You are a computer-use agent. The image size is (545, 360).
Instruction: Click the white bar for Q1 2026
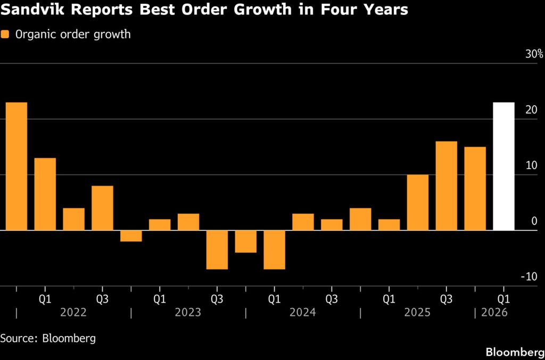tap(503, 166)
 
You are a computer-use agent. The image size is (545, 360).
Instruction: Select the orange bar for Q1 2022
tap(45, 194)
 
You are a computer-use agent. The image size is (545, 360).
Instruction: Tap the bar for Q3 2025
tap(446, 186)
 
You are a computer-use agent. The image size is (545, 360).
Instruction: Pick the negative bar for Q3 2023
tap(217, 249)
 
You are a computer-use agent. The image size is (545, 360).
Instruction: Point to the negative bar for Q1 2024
tap(274, 249)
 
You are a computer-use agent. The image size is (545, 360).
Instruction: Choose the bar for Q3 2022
tap(102, 208)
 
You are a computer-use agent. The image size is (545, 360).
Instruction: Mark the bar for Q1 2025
tap(389, 224)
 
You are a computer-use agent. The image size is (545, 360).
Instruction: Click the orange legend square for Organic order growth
tap(6, 35)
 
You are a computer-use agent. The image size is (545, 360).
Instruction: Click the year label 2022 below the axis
tap(73, 313)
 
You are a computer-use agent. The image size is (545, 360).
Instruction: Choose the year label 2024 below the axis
tap(303, 313)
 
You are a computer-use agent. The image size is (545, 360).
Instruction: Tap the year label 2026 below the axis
tap(494, 313)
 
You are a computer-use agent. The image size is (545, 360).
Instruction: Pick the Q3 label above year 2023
tap(217, 299)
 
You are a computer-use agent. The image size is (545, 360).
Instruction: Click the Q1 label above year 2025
tap(389, 299)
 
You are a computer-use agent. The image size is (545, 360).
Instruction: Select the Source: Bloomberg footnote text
tap(48, 338)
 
